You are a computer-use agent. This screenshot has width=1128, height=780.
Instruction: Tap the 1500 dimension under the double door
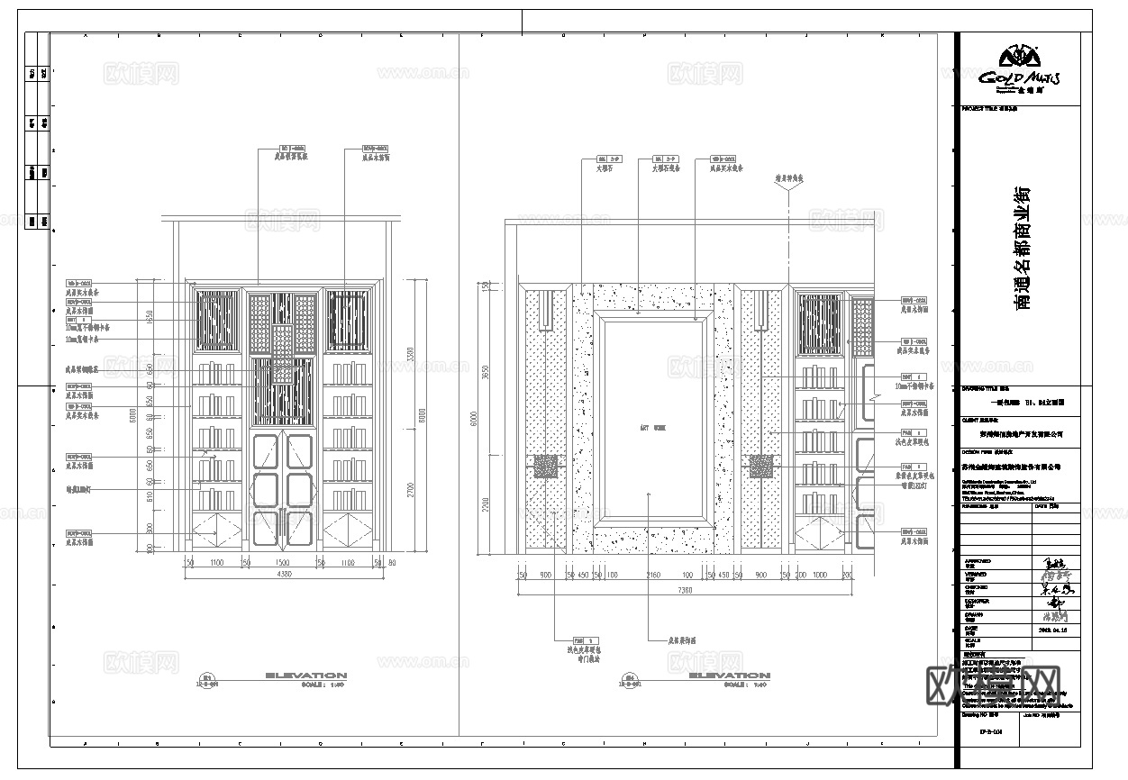282,562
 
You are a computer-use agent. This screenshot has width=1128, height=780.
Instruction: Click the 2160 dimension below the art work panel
653,575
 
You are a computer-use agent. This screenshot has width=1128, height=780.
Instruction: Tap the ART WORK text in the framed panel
652,428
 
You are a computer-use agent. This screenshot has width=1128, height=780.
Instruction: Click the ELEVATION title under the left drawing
305,675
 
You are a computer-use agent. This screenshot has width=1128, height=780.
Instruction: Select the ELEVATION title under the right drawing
729,675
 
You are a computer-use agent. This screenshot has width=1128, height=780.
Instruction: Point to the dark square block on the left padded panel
546,466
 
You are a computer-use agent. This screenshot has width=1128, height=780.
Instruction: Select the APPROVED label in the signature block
974,560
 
